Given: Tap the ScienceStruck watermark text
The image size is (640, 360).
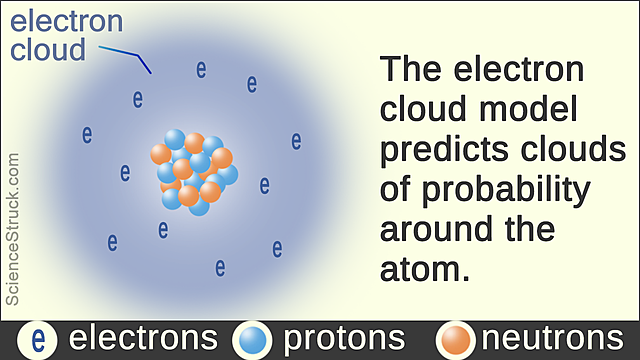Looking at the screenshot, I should click(13, 231).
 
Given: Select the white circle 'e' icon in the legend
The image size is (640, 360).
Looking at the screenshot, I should click(38, 340).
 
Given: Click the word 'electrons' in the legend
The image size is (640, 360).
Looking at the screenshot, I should click(143, 339).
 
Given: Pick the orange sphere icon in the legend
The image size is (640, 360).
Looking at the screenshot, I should click(456, 340).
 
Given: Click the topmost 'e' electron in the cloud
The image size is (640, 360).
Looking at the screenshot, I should click(201, 70).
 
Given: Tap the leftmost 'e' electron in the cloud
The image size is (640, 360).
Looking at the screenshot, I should click(87, 134).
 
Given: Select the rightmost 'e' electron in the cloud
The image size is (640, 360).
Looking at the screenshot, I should click(296, 140).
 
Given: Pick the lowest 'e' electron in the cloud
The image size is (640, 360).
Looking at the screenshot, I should click(220, 267).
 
